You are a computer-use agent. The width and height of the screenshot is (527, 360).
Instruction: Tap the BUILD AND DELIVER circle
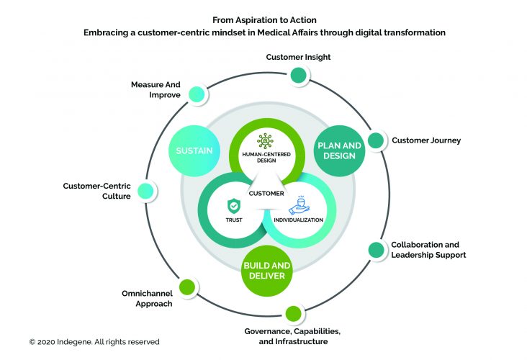point(267,269)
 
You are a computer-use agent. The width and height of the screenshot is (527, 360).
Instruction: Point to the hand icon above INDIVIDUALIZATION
point(300,206)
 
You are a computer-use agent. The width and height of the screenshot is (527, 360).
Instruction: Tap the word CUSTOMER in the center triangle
point(264,193)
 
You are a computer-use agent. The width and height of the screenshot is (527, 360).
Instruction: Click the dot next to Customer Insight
point(297,75)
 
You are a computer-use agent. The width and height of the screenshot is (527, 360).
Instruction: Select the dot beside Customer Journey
point(375,140)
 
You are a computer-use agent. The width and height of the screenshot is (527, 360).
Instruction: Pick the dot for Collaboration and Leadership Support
point(376,250)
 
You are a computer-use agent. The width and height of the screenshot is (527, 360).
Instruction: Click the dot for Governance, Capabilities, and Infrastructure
point(293,314)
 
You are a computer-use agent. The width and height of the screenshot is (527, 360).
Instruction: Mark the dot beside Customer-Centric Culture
point(145,191)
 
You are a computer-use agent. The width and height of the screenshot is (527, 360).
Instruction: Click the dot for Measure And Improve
point(194,94)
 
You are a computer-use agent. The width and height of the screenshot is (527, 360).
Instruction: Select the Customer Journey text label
point(426,140)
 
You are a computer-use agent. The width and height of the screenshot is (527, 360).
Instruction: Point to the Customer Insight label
point(298,57)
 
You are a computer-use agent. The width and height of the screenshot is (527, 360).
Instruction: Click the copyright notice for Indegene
point(94,341)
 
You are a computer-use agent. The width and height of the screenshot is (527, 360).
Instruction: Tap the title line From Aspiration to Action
point(263,19)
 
